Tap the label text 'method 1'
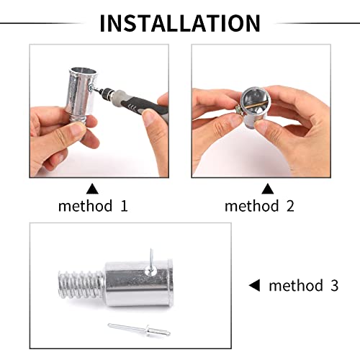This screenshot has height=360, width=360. click(93, 206)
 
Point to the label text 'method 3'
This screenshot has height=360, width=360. click(303, 285)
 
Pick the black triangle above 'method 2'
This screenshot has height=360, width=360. click(267, 189)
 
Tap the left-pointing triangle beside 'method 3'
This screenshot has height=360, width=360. click(253, 285)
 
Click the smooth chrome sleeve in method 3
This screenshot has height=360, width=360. click(140, 284)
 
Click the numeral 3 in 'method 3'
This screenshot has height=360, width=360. click(333, 285)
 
